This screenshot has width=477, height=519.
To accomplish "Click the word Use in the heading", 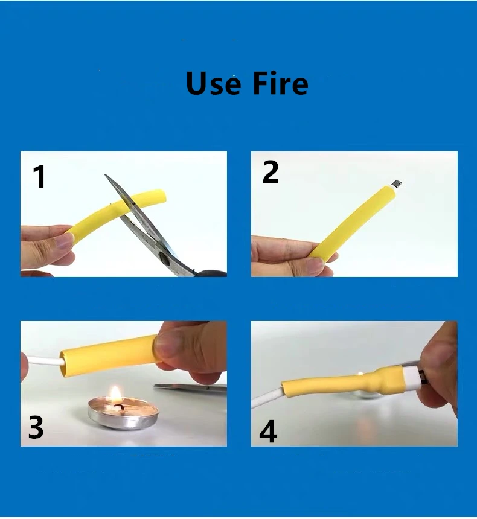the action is [x=213, y=83].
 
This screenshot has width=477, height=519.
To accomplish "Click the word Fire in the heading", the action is [x=280, y=83].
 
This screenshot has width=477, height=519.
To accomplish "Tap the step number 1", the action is [x=39, y=177].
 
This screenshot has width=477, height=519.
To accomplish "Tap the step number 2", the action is [x=271, y=172].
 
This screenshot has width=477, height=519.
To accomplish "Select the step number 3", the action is [x=36, y=427].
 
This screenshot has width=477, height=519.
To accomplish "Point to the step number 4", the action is [x=268, y=431].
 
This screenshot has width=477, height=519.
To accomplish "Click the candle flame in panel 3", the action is [x=116, y=395].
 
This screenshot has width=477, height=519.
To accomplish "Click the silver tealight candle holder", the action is [x=123, y=414].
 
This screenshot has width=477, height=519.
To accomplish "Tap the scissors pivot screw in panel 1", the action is [x=164, y=258].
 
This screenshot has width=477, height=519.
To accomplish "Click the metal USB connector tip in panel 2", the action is [x=397, y=183].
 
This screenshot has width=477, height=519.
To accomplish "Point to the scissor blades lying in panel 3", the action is [x=190, y=387].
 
